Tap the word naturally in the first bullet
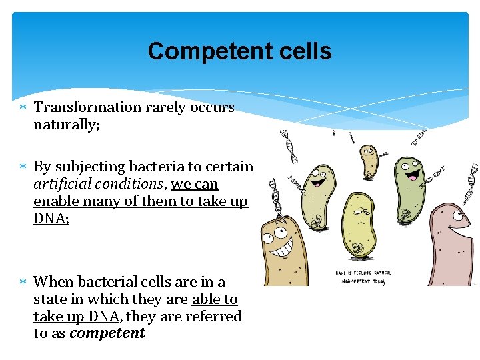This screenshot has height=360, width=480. pos(65,124)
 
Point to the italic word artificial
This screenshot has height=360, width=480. pos(60,183)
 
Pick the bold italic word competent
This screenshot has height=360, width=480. pos(107,333)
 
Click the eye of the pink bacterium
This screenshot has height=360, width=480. pos(457,215)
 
